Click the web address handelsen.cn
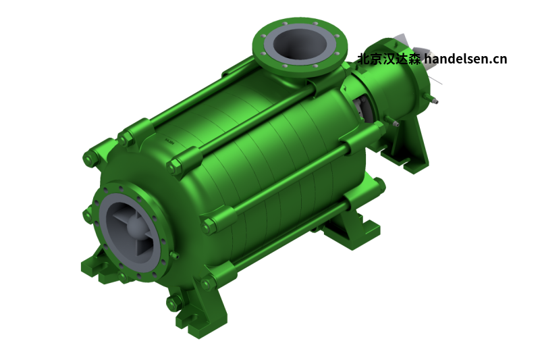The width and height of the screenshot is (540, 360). pos(465,59)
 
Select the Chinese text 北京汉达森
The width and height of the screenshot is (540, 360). pos(389,59)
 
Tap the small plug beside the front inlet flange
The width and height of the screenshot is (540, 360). pos(174,255)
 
